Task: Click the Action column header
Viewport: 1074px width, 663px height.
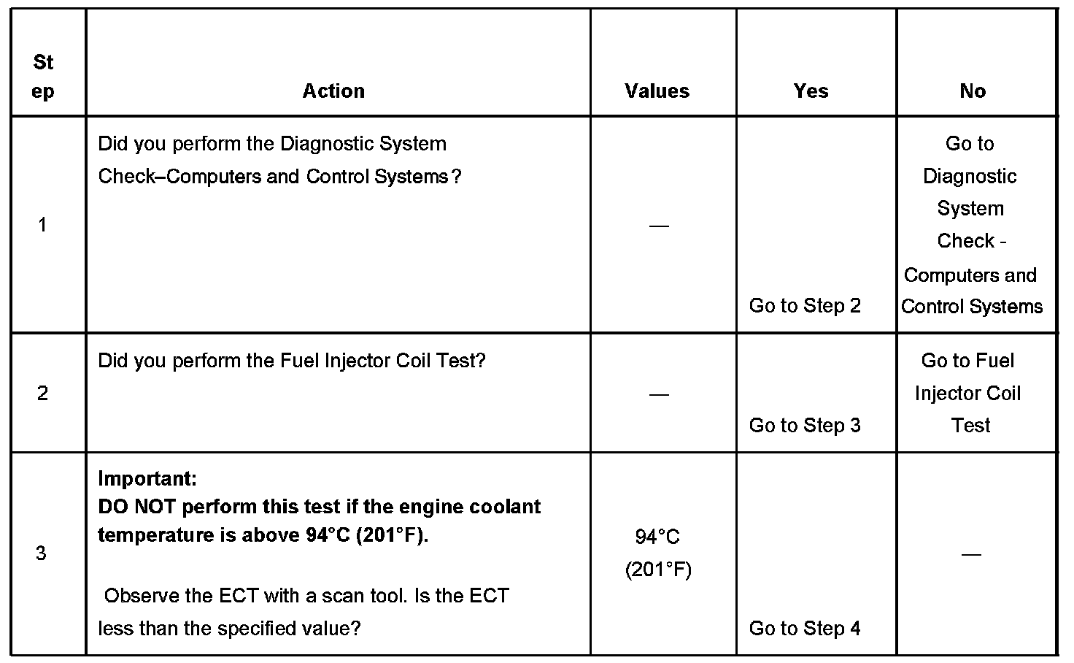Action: pyautogui.click(x=333, y=91)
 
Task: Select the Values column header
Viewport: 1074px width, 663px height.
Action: pyautogui.click(x=657, y=91)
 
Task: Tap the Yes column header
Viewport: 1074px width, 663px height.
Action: pyautogui.click(x=811, y=91)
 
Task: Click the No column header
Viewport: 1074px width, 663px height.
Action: pyautogui.click(x=973, y=91)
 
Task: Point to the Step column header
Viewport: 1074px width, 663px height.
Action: pyautogui.click(x=43, y=77)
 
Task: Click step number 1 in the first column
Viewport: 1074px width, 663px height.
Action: pyautogui.click(x=42, y=225)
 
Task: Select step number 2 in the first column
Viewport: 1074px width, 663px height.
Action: pyautogui.click(x=42, y=394)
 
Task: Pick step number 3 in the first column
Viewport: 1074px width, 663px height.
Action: pyautogui.click(x=42, y=553)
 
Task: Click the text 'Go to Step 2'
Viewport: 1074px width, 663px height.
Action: pyautogui.click(x=805, y=306)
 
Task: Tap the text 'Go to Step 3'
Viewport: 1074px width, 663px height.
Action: pyautogui.click(x=805, y=426)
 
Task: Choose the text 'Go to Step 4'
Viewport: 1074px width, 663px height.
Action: pyautogui.click(x=805, y=628)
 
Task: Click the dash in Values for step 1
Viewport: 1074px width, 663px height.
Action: pyautogui.click(x=658, y=226)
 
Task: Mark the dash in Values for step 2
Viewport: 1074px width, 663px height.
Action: pyautogui.click(x=658, y=394)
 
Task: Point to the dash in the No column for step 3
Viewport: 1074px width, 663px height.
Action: pyautogui.click(x=971, y=554)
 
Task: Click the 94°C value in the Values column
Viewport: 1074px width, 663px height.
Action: pyautogui.click(x=657, y=537)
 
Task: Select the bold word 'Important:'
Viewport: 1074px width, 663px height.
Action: pyautogui.click(x=147, y=479)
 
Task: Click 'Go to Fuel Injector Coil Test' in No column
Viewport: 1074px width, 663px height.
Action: pyautogui.click(x=968, y=393)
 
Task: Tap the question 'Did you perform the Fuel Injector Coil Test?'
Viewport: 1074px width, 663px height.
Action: pyautogui.click(x=291, y=361)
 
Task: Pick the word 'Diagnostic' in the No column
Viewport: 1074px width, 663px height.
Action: pyautogui.click(x=970, y=176)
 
